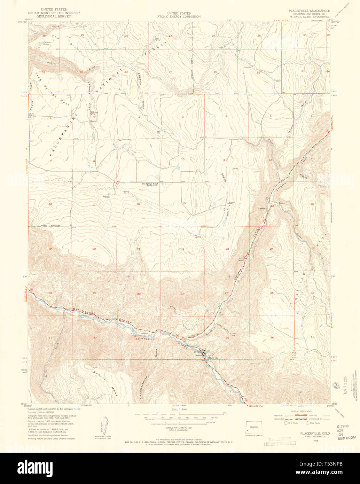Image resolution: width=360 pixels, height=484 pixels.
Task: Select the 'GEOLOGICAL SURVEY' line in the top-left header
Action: tap(60, 17)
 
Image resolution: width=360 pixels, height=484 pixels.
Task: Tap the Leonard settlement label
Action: tap(262, 209)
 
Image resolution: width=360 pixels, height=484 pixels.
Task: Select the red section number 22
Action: tap(182, 249)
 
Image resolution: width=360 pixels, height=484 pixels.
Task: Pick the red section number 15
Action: tap(184, 203)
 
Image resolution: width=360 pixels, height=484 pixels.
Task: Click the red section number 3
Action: tap(182, 117)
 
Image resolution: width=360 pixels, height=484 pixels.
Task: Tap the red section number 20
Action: tap(94, 249)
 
